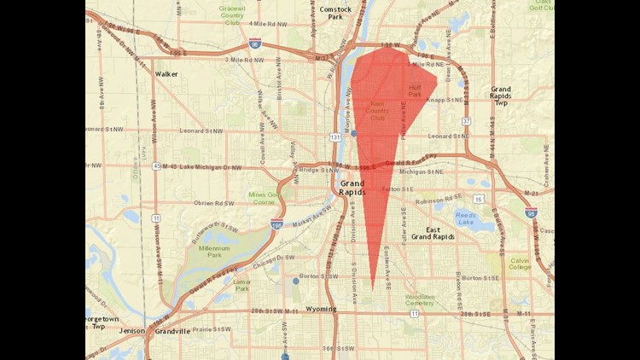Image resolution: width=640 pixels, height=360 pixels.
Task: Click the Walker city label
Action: click(166, 73)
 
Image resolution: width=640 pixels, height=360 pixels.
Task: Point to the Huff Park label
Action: click(416, 90)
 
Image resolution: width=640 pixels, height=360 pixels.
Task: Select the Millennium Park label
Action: click(214, 252)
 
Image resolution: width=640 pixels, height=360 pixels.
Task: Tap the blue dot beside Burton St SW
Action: click(295, 281)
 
